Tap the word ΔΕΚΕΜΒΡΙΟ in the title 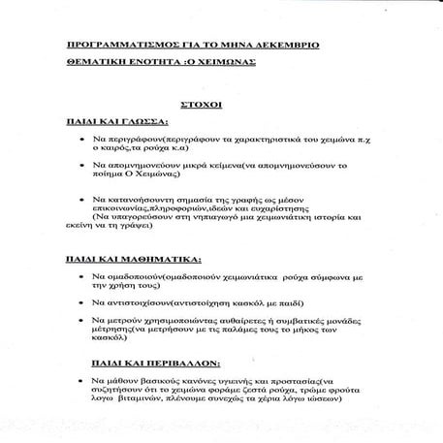pyautogui.click(x=279, y=47)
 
